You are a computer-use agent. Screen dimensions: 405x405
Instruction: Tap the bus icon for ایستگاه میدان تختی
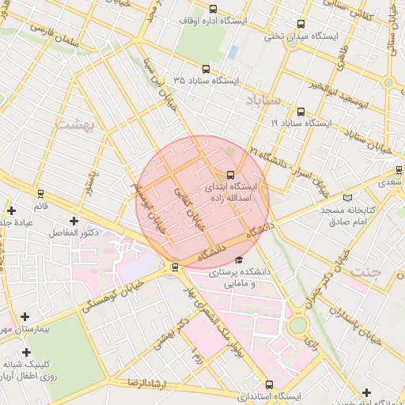coord(301,24)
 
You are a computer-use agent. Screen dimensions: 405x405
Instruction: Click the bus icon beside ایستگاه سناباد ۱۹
coord(301,112)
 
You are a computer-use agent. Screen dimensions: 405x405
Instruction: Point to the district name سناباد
coord(262,100)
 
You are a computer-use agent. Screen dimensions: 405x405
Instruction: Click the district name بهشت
coord(74,124)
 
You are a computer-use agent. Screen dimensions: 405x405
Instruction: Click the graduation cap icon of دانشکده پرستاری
coord(239,259)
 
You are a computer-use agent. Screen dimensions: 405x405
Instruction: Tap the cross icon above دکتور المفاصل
coord(74,221)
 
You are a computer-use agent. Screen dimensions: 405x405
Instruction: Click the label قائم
coord(40,205)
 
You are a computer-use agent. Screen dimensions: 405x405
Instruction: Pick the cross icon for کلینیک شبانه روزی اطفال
coord(26,352)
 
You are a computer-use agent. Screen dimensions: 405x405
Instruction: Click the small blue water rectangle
coord(233,52)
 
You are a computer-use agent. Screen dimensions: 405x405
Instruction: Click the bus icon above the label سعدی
coord(399,169)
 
